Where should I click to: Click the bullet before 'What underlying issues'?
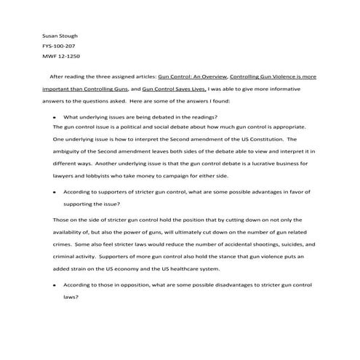[x=55, y=116]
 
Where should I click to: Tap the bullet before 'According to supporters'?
[x=55, y=193]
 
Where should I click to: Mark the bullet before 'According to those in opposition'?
[x=55, y=284]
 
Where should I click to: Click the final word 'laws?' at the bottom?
[x=71, y=297]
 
